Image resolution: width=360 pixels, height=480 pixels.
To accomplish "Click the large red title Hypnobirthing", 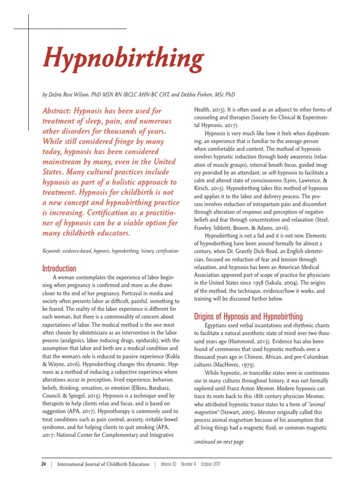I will (123, 59).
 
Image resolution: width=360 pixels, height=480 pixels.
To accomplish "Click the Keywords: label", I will (53, 251).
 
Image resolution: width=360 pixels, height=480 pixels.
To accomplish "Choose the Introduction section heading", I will (59, 269).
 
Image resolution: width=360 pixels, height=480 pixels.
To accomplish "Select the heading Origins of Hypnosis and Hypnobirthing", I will (248, 316).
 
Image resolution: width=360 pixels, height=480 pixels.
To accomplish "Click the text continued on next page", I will (218, 442).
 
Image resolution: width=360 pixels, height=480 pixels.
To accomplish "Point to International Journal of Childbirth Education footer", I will (103, 464).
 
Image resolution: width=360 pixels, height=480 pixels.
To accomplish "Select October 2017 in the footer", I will (211, 464).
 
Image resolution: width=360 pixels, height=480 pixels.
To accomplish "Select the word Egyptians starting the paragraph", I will (217, 325).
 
